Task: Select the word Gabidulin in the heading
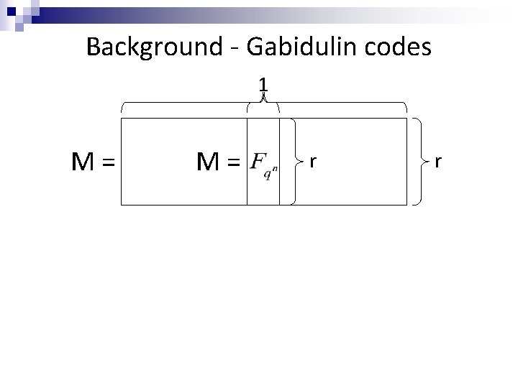pos(299,47)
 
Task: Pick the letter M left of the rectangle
pos(80,164)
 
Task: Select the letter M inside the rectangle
pos(209,164)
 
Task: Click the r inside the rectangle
pos(312,162)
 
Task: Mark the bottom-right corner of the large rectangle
pos(406,205)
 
